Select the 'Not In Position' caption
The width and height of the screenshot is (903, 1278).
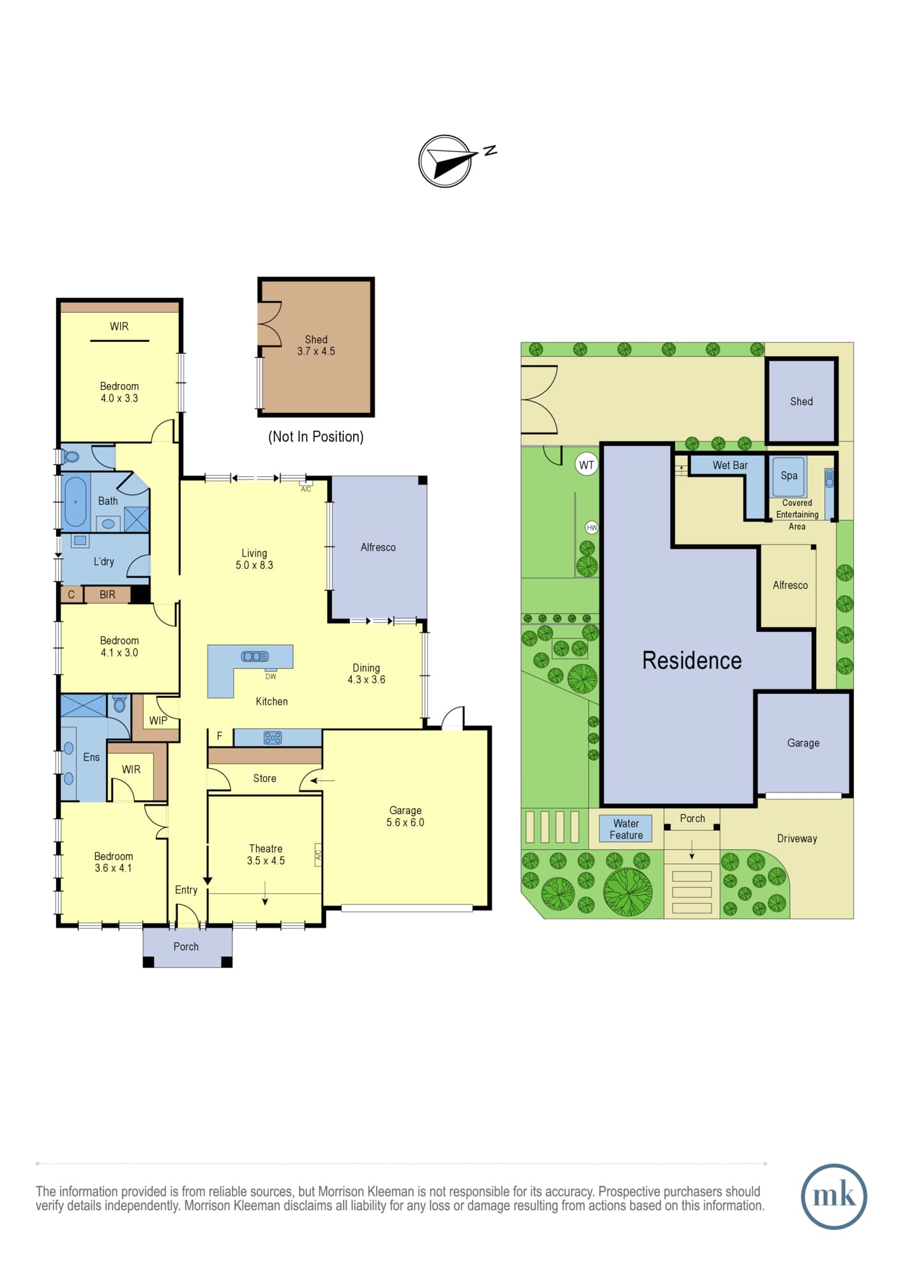point(315,436)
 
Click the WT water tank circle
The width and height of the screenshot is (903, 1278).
point(586,465)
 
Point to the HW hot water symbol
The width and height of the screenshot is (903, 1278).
point(592,527)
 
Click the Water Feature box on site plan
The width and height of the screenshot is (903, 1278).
point(626,829)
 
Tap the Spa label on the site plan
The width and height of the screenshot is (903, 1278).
point(789,475)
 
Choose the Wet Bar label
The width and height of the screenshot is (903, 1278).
point(730,465)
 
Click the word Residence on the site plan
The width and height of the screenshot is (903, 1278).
point(692,660)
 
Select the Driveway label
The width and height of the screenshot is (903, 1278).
point(797,838)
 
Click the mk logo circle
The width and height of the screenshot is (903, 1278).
point(834,1196)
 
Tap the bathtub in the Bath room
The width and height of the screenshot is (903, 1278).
point(75,501)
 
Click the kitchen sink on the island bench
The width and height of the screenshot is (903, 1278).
point(255,656)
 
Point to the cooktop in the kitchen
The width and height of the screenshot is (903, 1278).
point(273,738)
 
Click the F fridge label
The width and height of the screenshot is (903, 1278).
point(219,736)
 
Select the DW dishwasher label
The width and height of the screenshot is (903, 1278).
point(271,676)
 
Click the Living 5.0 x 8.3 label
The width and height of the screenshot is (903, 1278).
point(254,559)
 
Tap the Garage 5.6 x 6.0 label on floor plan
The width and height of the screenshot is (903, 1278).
point(405,816)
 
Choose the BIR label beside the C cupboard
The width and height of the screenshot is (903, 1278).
point(107,594)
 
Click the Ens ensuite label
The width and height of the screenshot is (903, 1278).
point(91,757)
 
